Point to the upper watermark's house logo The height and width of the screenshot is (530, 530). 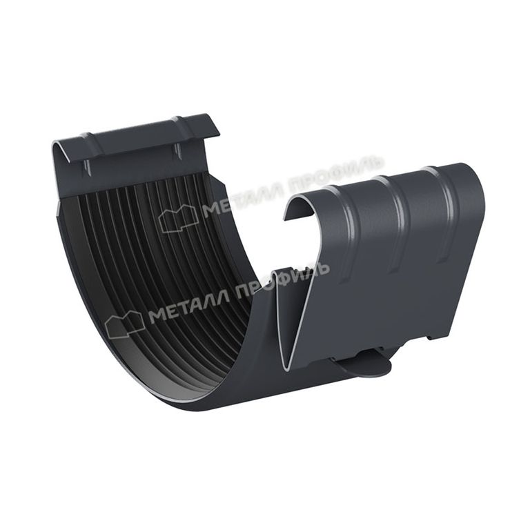[178, 218]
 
